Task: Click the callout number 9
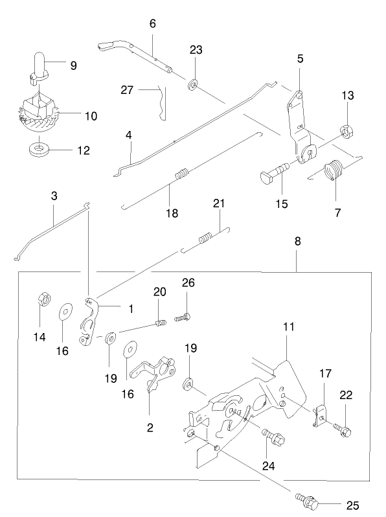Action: click(x=73, y=65)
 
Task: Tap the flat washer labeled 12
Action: click(x=39, y=150)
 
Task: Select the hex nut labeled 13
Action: click(x=346, y=132)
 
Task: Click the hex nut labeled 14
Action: click(x=43, y=298)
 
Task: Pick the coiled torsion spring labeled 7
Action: click(x=334, y=170)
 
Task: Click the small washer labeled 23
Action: click(x=192, y=84)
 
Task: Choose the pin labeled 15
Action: click(x=275, y=170)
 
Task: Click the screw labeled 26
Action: click(x=183, y=318)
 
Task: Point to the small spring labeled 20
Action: click(x=160, y=323)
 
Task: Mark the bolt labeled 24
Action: click(x=273, y=437)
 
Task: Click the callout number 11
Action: click(x=288, y=327)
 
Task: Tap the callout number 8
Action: click(x=297, y=242)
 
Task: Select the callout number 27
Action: click(x=127, y=89)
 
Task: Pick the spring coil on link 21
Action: click(x=205, y=238)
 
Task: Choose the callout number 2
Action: click(x=150, y=428)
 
